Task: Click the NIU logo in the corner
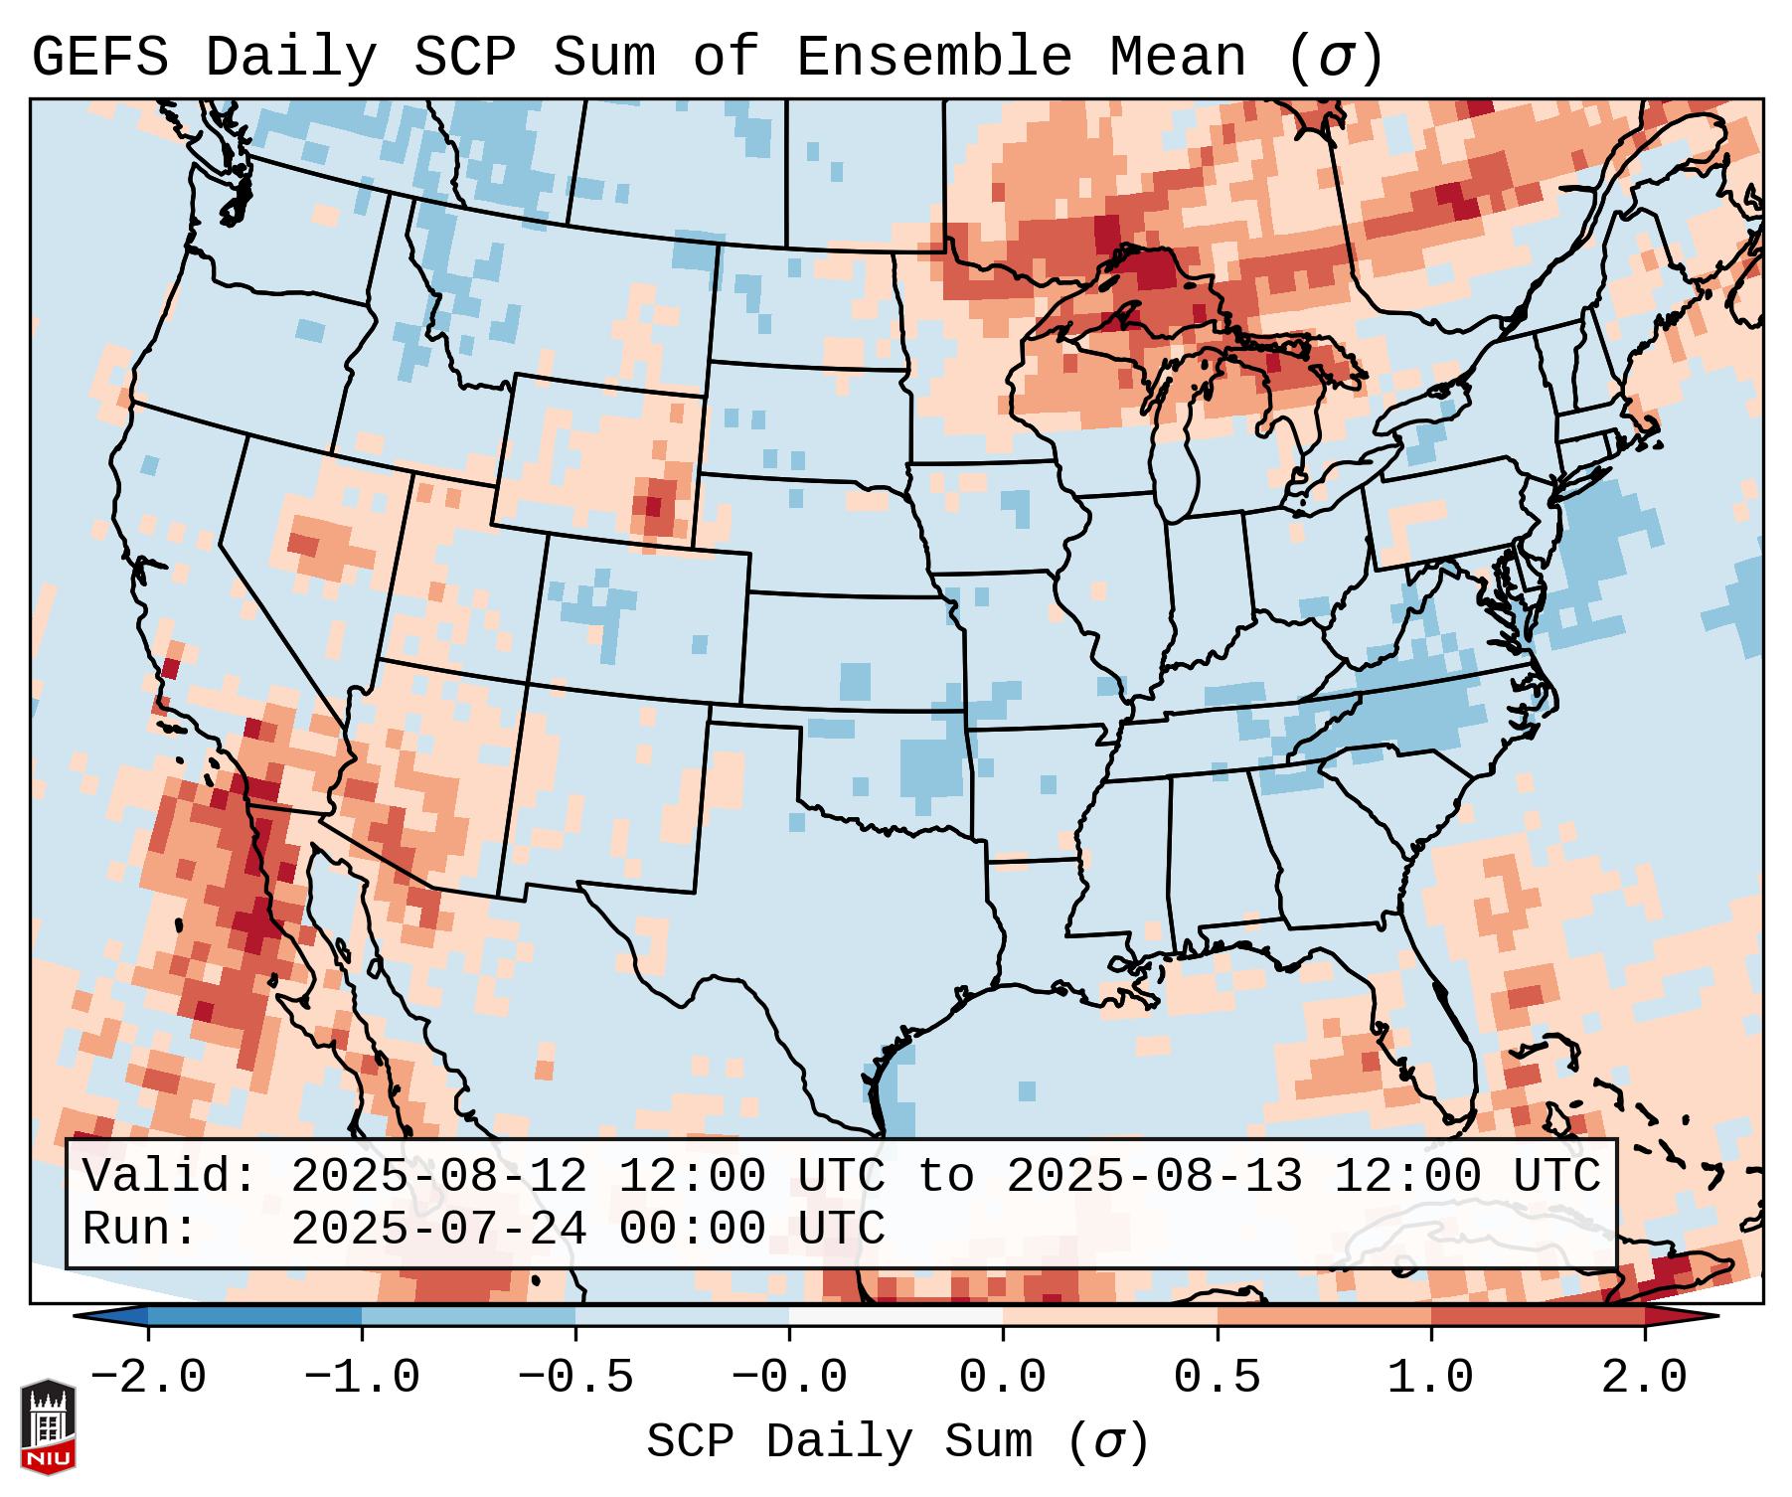(48, 1425)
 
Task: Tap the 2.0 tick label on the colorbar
(1644, 1378)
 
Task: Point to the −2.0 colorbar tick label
(148, 1378)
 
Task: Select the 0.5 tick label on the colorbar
(1217, 1378)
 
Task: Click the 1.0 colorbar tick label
(1430, 1378)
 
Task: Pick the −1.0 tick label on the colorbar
(362, 1378)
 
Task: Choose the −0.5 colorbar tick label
(575, 1378)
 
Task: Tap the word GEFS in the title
(99, 58)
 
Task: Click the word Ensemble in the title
(933, 58)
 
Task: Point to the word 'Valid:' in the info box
(170, 1177)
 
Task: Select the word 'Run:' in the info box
(140, 1230)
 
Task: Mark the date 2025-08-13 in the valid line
(1154, 1177)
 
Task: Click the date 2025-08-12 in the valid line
(438, 1177)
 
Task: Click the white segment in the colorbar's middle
(896, 1316)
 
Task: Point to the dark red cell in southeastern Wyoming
(652, 506)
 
